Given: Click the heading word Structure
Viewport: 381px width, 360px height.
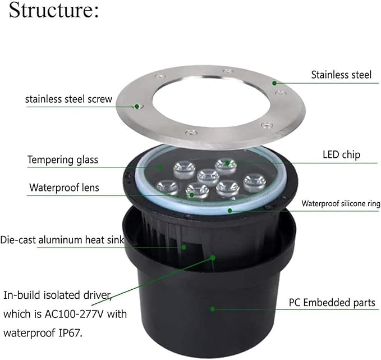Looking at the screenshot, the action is click(53, 10).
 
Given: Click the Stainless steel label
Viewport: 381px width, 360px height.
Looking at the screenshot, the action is click(341, 75).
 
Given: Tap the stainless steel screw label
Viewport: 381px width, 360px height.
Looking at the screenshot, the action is click(69, 99).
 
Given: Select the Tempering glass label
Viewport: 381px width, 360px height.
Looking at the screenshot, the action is click(63, 160).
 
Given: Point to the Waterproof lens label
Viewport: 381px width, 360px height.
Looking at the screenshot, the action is click(64, 188).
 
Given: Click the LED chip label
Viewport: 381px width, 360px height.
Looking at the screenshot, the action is click(341, 155).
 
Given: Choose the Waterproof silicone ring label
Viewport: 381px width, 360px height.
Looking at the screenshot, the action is click(341, 203).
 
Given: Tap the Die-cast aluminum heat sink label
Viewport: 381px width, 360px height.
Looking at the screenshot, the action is click(62, 240).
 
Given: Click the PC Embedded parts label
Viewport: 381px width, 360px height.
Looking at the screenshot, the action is click(332, 303).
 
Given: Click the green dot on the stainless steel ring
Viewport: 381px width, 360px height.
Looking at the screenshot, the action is click(274, 83).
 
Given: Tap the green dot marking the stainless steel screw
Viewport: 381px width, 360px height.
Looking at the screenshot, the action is click(137, 106).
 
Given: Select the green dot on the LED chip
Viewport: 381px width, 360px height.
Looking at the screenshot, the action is click(227, 163).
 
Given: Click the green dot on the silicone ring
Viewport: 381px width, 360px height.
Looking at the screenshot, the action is click(229, 210).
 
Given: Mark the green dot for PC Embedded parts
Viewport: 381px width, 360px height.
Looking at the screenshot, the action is click(212, 309).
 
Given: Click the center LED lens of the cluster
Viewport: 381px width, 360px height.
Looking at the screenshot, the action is click(208, 177).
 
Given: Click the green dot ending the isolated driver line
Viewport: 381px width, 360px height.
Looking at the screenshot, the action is click(213, 257).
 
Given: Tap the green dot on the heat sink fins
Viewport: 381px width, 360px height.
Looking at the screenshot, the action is click(184, 247).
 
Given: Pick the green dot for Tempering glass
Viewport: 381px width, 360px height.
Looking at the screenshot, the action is click(160, 167).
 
